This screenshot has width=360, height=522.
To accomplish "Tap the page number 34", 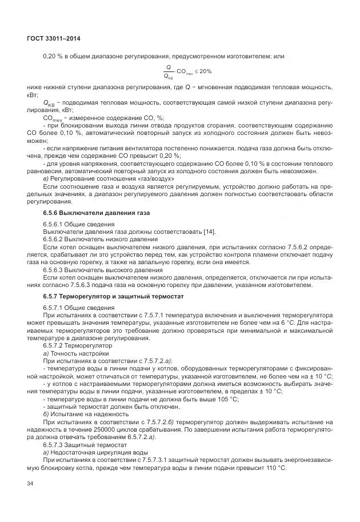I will [x=30, y=485].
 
